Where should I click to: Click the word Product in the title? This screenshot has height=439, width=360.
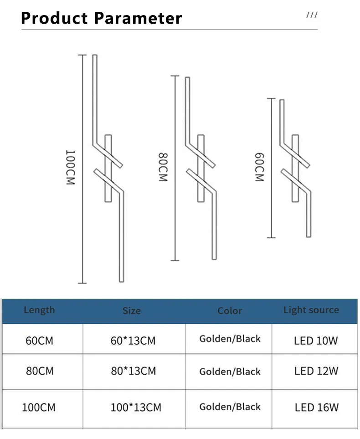pyautogui.click(x=54, y=19)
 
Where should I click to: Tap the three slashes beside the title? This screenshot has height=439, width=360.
pyautogui.click(x=312, y=15)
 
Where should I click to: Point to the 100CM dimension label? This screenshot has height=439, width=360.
pyautogui.click(x=70, y=167)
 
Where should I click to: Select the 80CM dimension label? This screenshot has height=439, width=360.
pyautogui.click(x=163, y=168)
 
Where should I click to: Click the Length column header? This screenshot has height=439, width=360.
pyautogui.click(x=39, y=310)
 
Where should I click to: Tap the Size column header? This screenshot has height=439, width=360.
pyautogui.click(x=131, y=311)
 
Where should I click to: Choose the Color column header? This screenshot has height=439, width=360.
pyautogui.click(x=230, y=311)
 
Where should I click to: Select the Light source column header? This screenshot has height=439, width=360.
pyautogui.click(x=311, y=310)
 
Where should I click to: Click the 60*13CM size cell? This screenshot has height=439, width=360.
pyautogui.click(x=133, y=341)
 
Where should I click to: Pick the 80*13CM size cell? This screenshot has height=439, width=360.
pyautogui.click(x=133, y=371)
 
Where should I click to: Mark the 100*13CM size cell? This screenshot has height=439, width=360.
pyautogui.click(x=136, y=407)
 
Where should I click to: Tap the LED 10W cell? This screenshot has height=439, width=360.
pyautogui.click(x=316, y=340)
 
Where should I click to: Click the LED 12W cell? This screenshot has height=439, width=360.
pyautogui.click(x=316, y=371)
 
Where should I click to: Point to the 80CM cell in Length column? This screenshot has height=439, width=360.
pyautogui.click(x=40, y=371)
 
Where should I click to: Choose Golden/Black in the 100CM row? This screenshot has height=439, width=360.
pyautogui.click(x=230, y=407)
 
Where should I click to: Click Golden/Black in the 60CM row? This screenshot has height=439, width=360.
pyautogui.click(x=230, y=339)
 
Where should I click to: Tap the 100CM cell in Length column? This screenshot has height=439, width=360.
pyautogui.click(x=39, y=407)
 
